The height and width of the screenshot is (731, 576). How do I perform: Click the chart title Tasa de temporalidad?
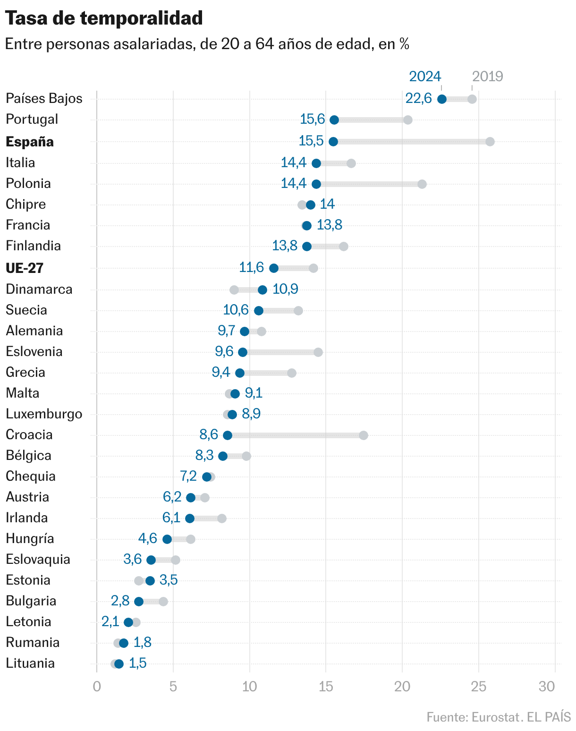tap(104, 18)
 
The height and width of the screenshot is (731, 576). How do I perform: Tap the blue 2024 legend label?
tap(425, 76)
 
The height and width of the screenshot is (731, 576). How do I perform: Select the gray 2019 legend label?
tap(487, 76)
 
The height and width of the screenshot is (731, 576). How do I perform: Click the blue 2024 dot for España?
tap(333, 142)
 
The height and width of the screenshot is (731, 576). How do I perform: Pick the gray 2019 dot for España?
tap(490, 142)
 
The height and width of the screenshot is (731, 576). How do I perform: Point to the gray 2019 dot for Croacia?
tap(364, 435)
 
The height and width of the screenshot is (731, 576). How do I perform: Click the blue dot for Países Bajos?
tap(442, 99)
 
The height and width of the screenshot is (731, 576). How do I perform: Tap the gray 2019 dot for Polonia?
tap(422, 184)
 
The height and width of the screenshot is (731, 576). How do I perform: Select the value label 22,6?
tap(418, 99)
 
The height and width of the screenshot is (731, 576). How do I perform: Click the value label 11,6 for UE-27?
tap(251, 267)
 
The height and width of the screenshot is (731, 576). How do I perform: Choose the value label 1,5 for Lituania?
tap(137, 663)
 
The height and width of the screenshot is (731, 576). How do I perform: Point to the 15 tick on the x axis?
tap(326, 687)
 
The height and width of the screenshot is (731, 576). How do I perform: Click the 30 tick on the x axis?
tap(547, 687)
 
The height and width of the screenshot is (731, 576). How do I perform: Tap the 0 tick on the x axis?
tap(97, 687)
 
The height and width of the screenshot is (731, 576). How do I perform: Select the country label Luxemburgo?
tap(44, 414)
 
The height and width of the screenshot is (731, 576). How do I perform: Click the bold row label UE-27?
tap(25, 268)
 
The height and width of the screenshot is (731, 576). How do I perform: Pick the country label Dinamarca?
tap(39, 289)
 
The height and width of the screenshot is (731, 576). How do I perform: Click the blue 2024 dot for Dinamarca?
tap(262, 290)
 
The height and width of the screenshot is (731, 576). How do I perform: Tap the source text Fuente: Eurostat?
tap(473, 717)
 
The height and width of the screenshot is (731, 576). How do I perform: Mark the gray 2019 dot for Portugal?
tap(408, 120)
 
